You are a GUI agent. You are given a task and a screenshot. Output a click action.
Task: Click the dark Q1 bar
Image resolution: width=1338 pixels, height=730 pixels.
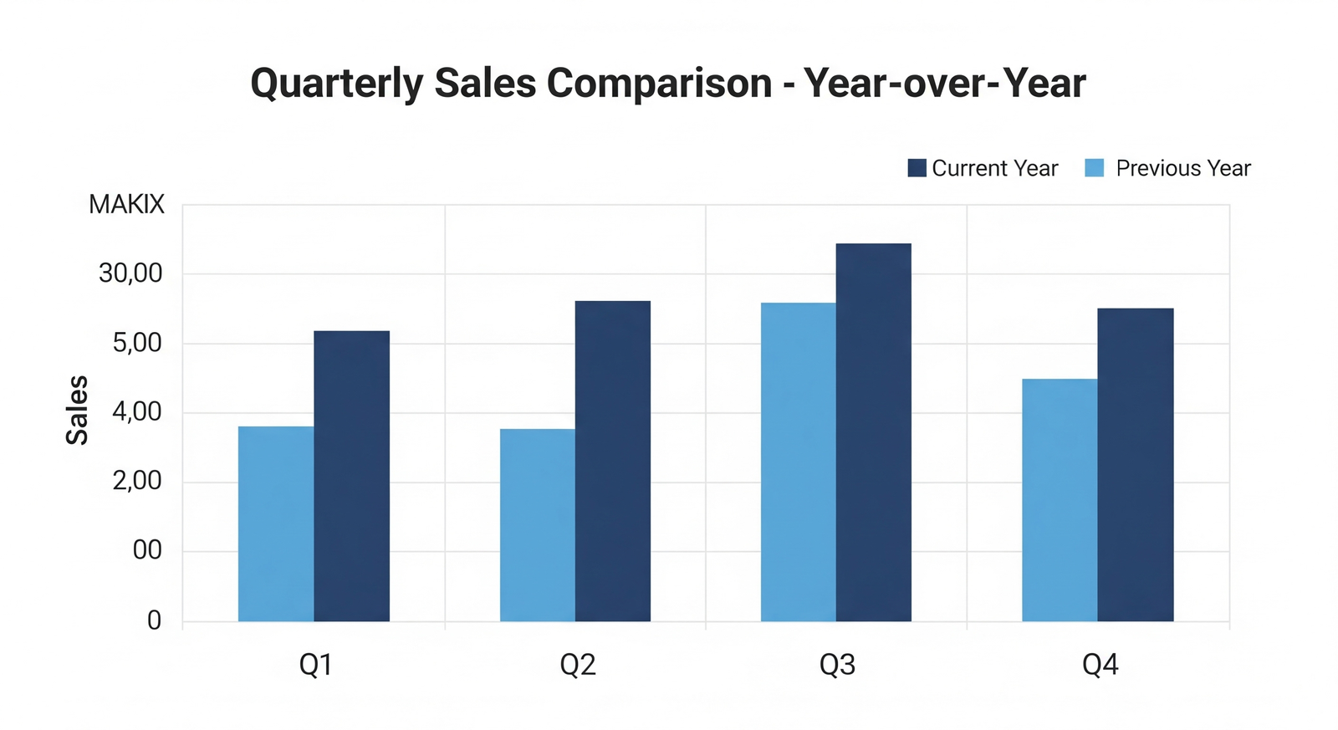tap(351, 476)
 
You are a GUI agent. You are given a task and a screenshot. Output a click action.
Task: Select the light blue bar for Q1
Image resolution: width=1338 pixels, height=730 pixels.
tap(276, 523)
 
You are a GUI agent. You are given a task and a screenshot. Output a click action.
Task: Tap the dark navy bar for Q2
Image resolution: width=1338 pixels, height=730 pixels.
tap(612, 461)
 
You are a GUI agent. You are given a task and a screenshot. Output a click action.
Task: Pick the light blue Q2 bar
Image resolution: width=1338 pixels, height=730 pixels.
tap(538, 525)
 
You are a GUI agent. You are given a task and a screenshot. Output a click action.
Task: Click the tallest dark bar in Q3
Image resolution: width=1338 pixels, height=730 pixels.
tap(873, 432)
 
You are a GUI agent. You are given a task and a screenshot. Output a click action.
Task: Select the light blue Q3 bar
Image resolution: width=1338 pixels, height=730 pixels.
tap(798, 462)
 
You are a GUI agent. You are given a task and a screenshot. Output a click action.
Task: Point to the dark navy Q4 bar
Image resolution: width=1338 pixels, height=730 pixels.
tap(1135, 464)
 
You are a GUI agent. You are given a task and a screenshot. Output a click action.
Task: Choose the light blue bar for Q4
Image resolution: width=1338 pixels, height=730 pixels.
tap(1060, 500)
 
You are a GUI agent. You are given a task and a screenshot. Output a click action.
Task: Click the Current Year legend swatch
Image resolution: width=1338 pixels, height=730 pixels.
tap(917, 168)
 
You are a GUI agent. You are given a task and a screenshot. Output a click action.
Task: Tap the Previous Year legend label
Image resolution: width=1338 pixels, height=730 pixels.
tap(1182, 168)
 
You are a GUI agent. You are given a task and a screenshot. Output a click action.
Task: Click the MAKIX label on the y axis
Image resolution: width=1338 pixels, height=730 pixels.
tap(126, 205)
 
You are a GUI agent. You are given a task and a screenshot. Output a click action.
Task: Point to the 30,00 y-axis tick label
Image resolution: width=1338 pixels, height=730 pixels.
tap(130, 273)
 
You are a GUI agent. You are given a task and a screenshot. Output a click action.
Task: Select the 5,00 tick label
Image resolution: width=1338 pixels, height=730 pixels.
tap(137, 343)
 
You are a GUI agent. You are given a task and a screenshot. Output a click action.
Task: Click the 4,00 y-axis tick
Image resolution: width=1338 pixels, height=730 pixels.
tap(137, 411)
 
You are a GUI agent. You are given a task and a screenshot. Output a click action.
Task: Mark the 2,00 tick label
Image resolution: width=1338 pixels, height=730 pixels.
tap(137, 481)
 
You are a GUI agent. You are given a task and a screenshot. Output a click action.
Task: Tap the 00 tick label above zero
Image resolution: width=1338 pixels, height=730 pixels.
tap(147, 550)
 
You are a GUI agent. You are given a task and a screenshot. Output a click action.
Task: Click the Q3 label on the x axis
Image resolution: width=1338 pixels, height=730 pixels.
tap(837, 665)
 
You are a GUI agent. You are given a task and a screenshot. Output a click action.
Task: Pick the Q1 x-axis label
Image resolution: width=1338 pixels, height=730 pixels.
tap(316, 665)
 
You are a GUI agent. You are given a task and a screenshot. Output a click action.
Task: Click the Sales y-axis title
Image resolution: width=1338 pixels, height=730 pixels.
tap(77, 410)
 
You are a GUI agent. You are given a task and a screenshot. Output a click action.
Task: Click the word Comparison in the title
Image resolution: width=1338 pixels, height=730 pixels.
tap(659, 83)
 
